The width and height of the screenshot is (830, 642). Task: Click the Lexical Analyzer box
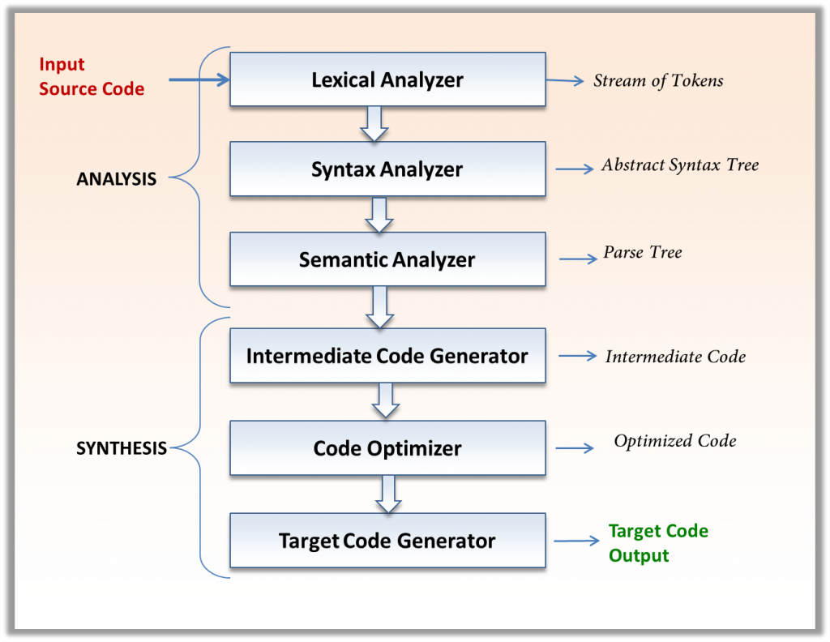387,79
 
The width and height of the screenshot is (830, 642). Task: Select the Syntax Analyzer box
387,169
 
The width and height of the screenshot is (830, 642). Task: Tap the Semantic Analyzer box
387,259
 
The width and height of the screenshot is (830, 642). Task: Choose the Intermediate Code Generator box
387,356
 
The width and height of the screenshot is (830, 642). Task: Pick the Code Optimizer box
387,448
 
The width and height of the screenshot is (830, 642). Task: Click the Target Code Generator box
387,541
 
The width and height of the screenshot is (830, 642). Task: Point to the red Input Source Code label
91,77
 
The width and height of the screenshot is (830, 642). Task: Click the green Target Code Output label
658,543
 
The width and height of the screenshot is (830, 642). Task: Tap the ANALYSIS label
116,179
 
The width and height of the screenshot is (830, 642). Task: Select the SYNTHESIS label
122,448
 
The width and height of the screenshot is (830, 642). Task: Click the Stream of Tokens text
658,80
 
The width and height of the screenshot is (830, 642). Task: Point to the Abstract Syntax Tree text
679,165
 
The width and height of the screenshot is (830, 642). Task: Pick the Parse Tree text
642,253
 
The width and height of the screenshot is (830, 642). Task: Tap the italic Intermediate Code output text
675,357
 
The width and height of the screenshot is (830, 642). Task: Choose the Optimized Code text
674,441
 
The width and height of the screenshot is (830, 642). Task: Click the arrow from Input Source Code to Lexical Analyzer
199,79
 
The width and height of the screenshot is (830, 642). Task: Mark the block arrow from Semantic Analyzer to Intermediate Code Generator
379,306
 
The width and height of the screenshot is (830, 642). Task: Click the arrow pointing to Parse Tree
577,259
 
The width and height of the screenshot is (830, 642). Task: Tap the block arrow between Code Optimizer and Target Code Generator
388,494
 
